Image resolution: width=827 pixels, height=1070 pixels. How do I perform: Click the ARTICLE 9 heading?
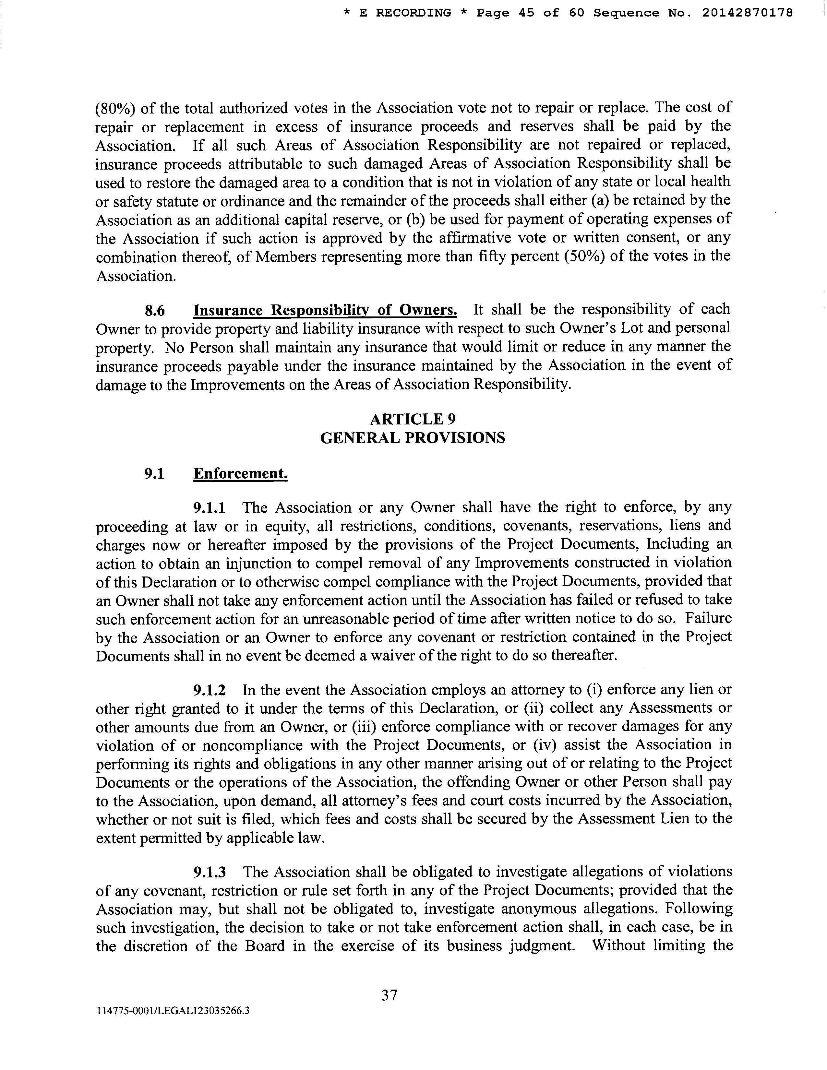coord(413,419)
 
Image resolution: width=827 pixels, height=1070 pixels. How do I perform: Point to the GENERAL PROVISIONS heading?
coord(413,437)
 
